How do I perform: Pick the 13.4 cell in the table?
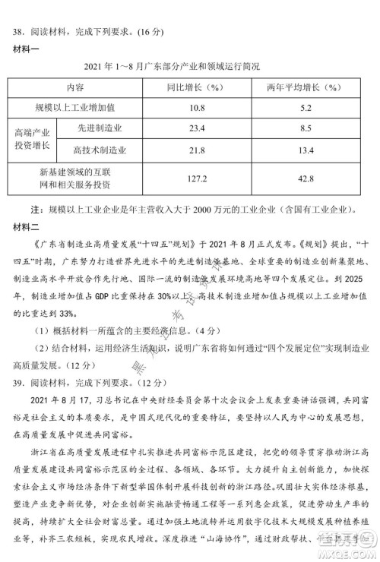307,150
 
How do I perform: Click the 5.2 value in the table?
307,108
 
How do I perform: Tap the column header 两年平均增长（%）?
307,87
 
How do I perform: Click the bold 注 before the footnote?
33,208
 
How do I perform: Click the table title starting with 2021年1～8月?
187,66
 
